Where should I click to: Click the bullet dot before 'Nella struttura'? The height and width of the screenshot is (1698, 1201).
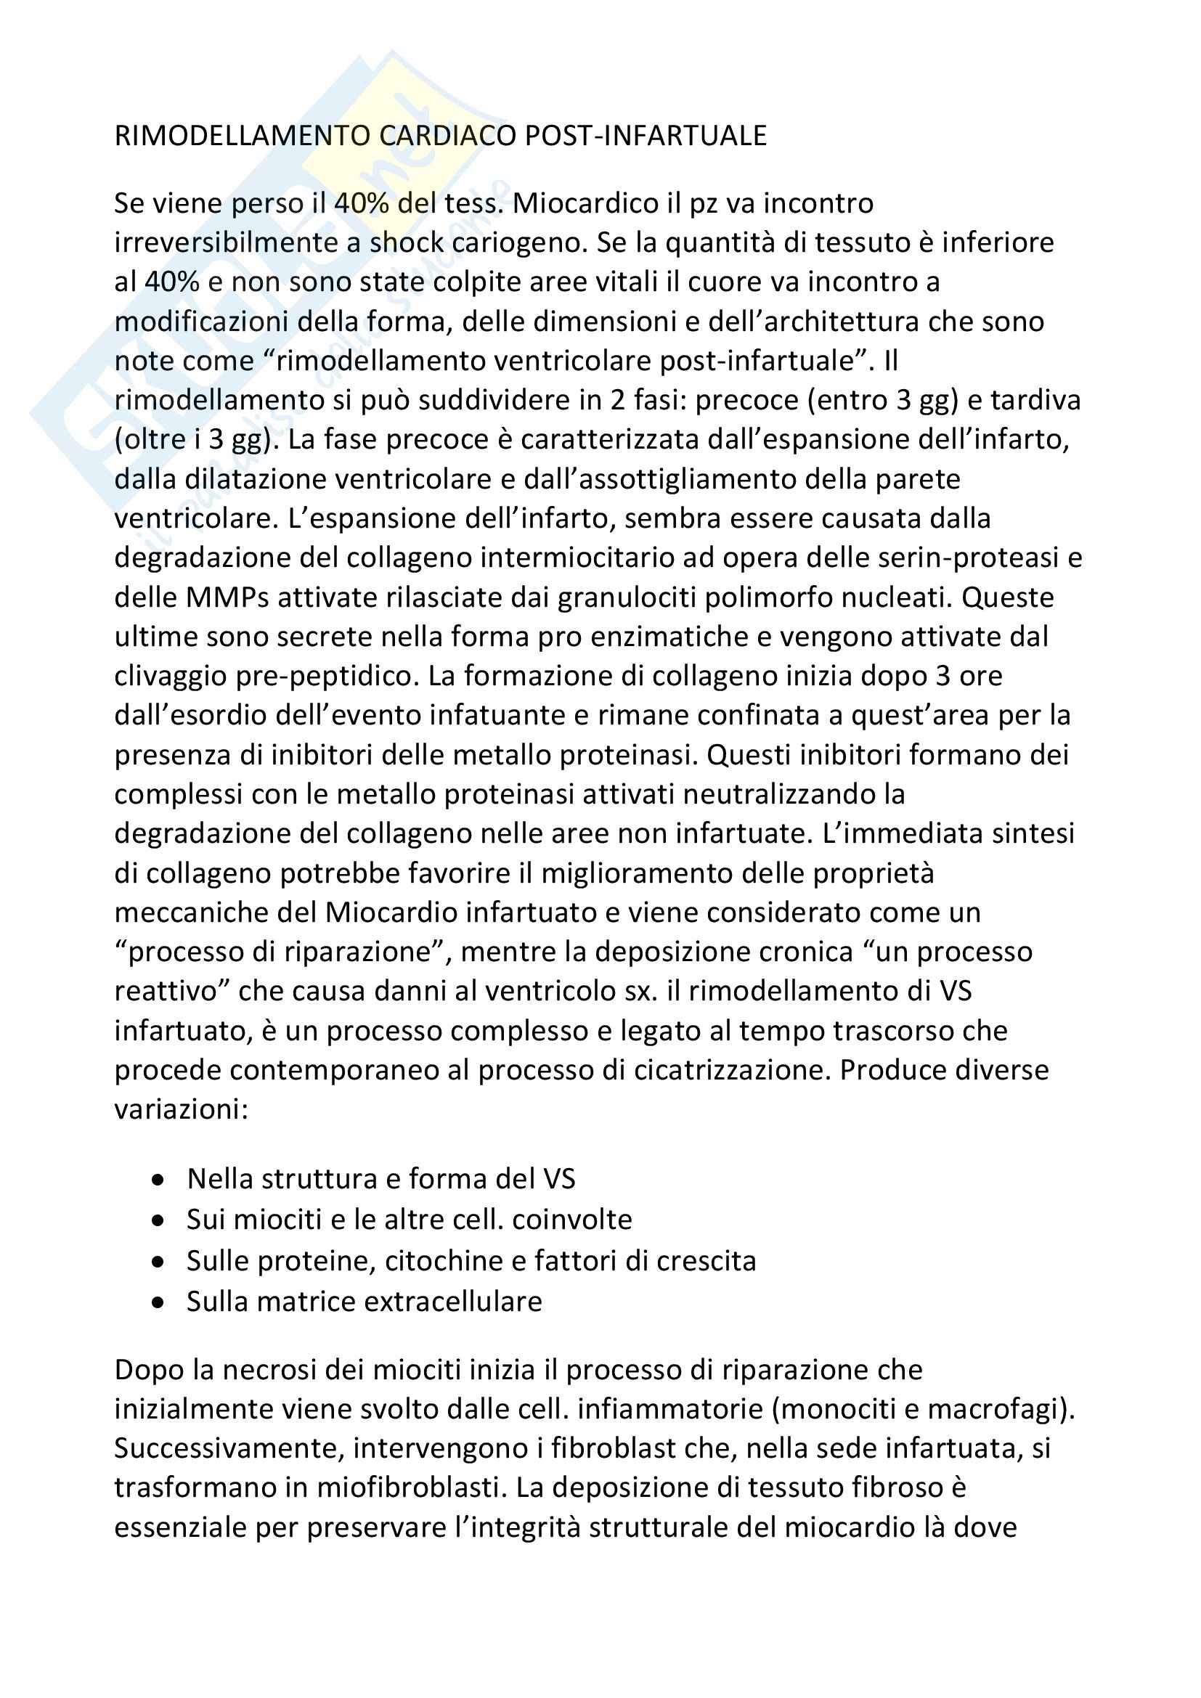158,1179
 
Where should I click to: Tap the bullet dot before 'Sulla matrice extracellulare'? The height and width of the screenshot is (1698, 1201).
158,1302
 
